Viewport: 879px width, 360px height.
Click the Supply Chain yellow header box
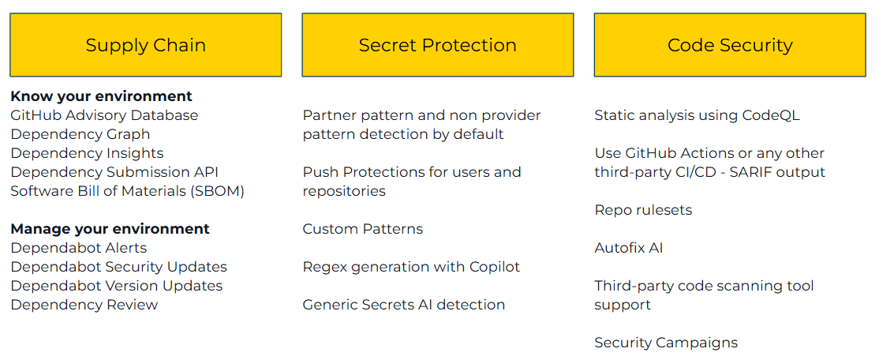pyautogui.click(x=145, y=45)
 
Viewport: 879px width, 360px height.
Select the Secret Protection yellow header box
pyautogui.click(x=437, y=45)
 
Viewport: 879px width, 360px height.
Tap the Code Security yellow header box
pyautogui.click(x=730, y=45)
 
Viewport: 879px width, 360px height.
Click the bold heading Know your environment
pyautogui.click(x=101, y=96)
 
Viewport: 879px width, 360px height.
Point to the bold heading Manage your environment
pyautogui.click(x=110, y=229)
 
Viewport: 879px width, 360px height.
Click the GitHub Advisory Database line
pyautogui.click(x=104, y=115)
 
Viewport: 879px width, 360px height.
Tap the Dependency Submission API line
pyautogui.click(x=114, y=172)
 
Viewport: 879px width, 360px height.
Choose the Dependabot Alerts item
pyautogui.click(x=79, y=248)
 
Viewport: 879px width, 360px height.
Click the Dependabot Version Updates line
pyautogui.click(x=117, y=286)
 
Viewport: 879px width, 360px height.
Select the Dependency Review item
pyautogui.click(x=84, y=305)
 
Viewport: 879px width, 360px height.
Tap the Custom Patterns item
pyautogui.click(x=363, y=229)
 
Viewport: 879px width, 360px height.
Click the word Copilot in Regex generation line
pyautogui.click(x=491, y=267)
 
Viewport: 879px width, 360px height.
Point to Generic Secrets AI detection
pyautogui.click(x=404, y=305)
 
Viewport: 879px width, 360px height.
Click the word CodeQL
pyautogui.click(x=771, y=115)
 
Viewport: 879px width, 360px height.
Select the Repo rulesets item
pyautogui.click(x=643, y=210)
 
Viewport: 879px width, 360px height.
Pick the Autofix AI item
pyautogui.click(x=629, y=248)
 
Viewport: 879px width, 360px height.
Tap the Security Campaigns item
pyautogui.click(x=666, y=343)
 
